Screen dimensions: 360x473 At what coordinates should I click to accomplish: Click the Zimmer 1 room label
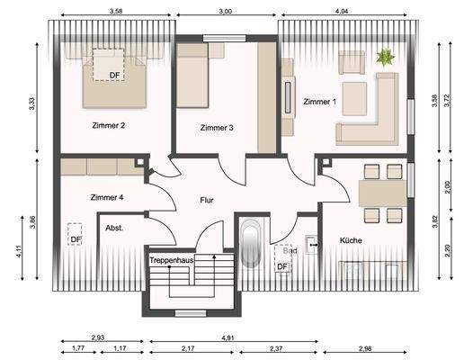coord(319,102)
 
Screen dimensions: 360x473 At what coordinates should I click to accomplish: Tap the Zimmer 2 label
coord(108,126)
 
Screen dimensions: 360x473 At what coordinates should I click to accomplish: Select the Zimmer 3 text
coord(217,128)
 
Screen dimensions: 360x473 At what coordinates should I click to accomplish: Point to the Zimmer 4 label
coord(107,196)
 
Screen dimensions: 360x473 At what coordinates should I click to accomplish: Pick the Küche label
coord(353,240)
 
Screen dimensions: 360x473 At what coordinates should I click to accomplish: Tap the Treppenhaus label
coord(173,260)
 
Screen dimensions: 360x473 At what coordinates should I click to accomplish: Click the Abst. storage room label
coord(114,229)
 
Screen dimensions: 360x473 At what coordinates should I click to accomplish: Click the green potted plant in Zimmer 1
coord(386,58)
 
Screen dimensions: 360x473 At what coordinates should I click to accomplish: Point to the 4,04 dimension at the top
coord(343,11)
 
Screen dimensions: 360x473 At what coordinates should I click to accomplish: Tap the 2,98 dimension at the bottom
coord(365,348)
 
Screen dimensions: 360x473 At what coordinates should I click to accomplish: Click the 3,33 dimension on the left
coord(31,103)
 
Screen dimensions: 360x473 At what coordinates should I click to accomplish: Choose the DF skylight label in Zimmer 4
coord(76,239)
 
